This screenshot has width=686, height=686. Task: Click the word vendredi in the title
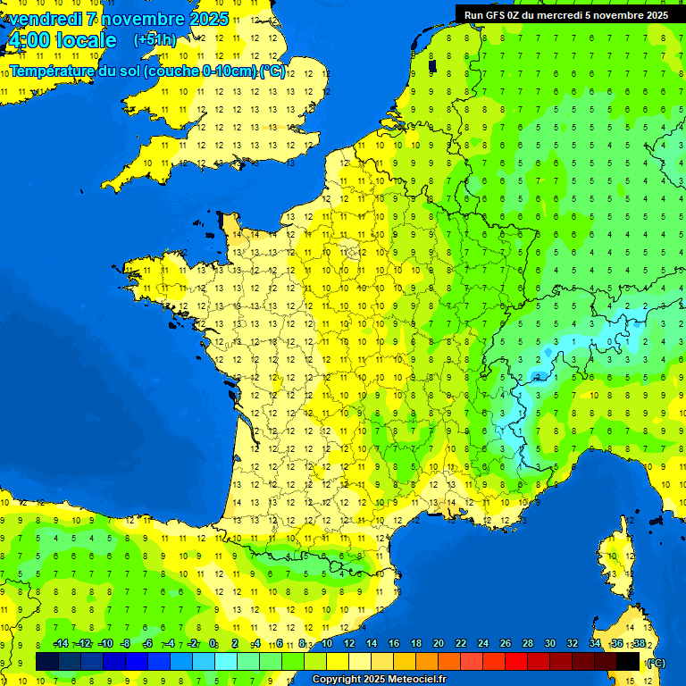[x=45, y=19]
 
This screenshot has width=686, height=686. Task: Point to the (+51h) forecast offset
[x=155, y=40]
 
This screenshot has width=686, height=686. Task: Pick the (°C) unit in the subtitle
[x=272, y=71]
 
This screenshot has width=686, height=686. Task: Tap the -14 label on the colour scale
[x=62, y=643]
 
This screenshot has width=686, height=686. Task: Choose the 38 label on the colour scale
[x=639, y=643]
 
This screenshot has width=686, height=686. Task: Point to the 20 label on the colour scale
[x=439, y=643]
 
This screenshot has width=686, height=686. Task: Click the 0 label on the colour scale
[x=213, y=643]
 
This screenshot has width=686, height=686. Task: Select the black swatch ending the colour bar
[x=628, y=661]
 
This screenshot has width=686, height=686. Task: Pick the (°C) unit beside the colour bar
[x=655, y=662]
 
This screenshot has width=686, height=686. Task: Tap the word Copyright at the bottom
[x=338, y=680]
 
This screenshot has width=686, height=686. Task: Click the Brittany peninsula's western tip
[x=131, y=268]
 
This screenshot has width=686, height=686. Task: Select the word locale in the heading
[x=86, y=40]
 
